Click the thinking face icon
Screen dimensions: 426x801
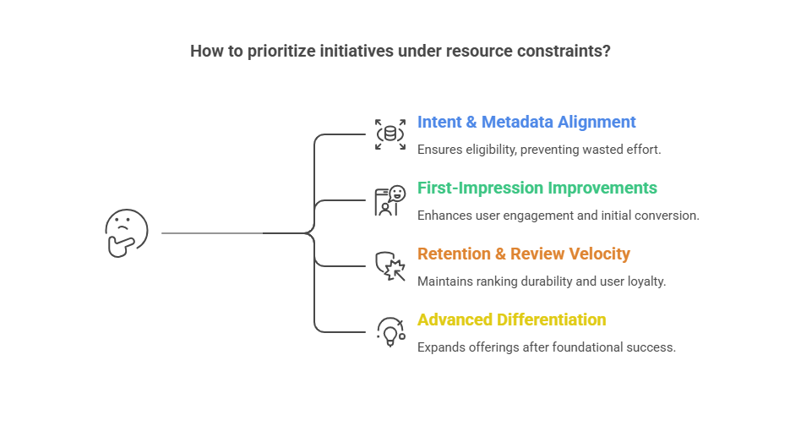click(x=126, y=232)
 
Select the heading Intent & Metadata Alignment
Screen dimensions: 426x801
click(x=526, y=122)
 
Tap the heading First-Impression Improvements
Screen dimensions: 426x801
click(x=537, y=188)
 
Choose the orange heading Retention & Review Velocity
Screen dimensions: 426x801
click(x=524, y=254)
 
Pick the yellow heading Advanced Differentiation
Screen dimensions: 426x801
click(x=511, y=319)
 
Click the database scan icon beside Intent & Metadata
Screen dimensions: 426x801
click(x=390, y=134)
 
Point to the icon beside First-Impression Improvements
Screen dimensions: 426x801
click(x=390, y=201)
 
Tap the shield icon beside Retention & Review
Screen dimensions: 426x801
click(x=390, y=266)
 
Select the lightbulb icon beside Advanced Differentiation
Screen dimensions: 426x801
click(x=390, y=332)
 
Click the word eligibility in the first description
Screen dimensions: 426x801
click(x=497, y=149)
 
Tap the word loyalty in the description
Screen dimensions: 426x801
click(x=646, y=281)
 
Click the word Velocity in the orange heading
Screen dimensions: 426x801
click(x=601, y=254)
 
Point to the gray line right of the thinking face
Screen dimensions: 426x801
click(x=211, y=232)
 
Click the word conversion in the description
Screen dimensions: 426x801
click(x=667, y=215)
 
